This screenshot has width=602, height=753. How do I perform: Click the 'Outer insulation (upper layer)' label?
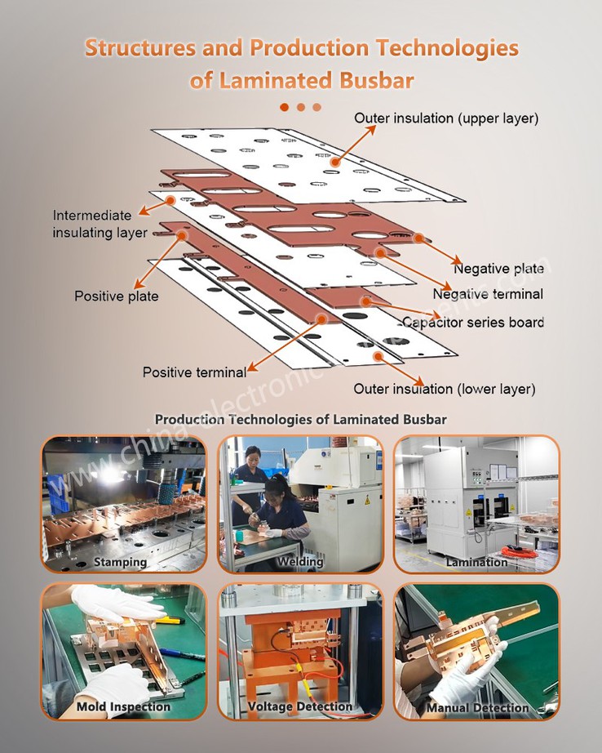pyautogui.click(x=445, y=118)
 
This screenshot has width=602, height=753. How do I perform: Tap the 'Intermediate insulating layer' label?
pyautogui.click(x=99, y=225)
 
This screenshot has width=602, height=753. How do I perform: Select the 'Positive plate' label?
pyautogui.click(x=116, y=296)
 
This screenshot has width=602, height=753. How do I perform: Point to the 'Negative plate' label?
pyautogui.click(x=498, y=269)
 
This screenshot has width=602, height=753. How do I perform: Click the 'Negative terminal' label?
pyautogui.click(x=487, y=294)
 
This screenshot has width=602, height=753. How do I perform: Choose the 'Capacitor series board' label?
pyautogui.click(x=472, y=322)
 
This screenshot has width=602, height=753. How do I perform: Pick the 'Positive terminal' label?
pyautogui.click(x=194, y=372)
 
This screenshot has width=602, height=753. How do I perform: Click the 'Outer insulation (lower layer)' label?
pyautogui.click(x=444, y=389)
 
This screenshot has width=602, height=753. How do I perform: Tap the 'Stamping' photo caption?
pyautogui.click(x=120, y=562)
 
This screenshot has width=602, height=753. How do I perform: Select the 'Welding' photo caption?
pyautogui.click(x=300, y=562)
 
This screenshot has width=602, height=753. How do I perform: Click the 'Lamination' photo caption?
pyautogui.click(x=476, y=562)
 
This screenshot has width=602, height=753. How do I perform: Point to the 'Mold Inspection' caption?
pyautogui.click(x=123, y=706)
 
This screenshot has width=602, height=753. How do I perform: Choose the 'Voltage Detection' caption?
pyautogui.click(x=300, y=706)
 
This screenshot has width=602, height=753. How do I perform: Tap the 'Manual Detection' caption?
pyautogui.click(x=477, y=707)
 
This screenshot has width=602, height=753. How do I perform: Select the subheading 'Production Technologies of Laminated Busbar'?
pyautogui.click(x=300, y=419)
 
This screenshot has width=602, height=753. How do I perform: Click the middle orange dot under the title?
pyautogui.click(x=300, y=107)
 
